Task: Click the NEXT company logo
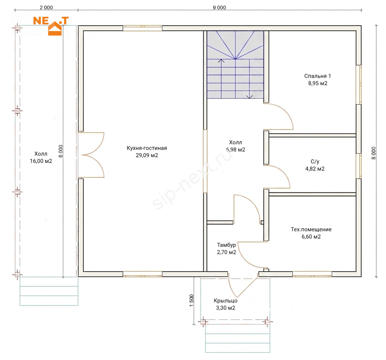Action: pos(51,26)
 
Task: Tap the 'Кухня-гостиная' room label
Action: pos(147,148)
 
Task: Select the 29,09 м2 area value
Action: pos(147,155)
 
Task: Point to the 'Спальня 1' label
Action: pos(318,76)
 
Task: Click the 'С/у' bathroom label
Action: pos(315,161)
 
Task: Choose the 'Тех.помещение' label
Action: pos(311,229)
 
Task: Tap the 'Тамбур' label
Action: pos(226,245)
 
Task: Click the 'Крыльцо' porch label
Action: pos(225,301)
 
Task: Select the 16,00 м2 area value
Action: pos(41,161)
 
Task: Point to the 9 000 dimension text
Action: pos(219,8)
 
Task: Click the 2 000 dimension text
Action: pos(46,8)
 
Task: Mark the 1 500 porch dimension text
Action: pos(191,300)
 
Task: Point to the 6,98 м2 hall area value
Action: pos(236,150)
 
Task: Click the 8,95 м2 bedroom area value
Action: pos(318,83)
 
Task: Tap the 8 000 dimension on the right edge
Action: pos(374,153)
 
